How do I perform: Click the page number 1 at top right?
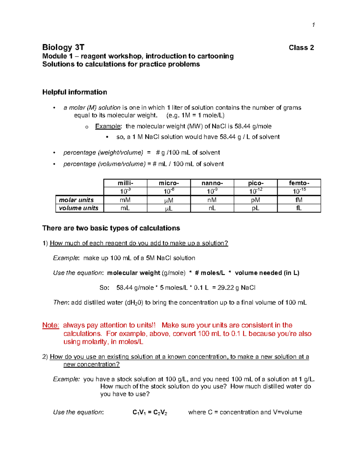[313, 25]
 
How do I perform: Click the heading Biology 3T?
[63, 47]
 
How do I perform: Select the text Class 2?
[301, 48]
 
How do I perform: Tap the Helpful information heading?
[75, 92]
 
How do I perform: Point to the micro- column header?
[169, 183]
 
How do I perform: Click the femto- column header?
[299, 183]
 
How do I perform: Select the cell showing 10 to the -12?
[256, 191]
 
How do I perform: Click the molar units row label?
[76, 200]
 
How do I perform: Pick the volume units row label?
[79, 208]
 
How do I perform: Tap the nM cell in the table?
[212, 200]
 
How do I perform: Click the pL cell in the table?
[256, 208]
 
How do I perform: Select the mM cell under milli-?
[125, 200]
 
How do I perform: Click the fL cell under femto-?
[299, 208]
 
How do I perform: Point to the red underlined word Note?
[50, 325]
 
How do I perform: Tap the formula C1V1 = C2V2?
[150, 412]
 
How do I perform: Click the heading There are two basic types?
[111, 228]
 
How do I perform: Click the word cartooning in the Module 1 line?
[215, 56]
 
